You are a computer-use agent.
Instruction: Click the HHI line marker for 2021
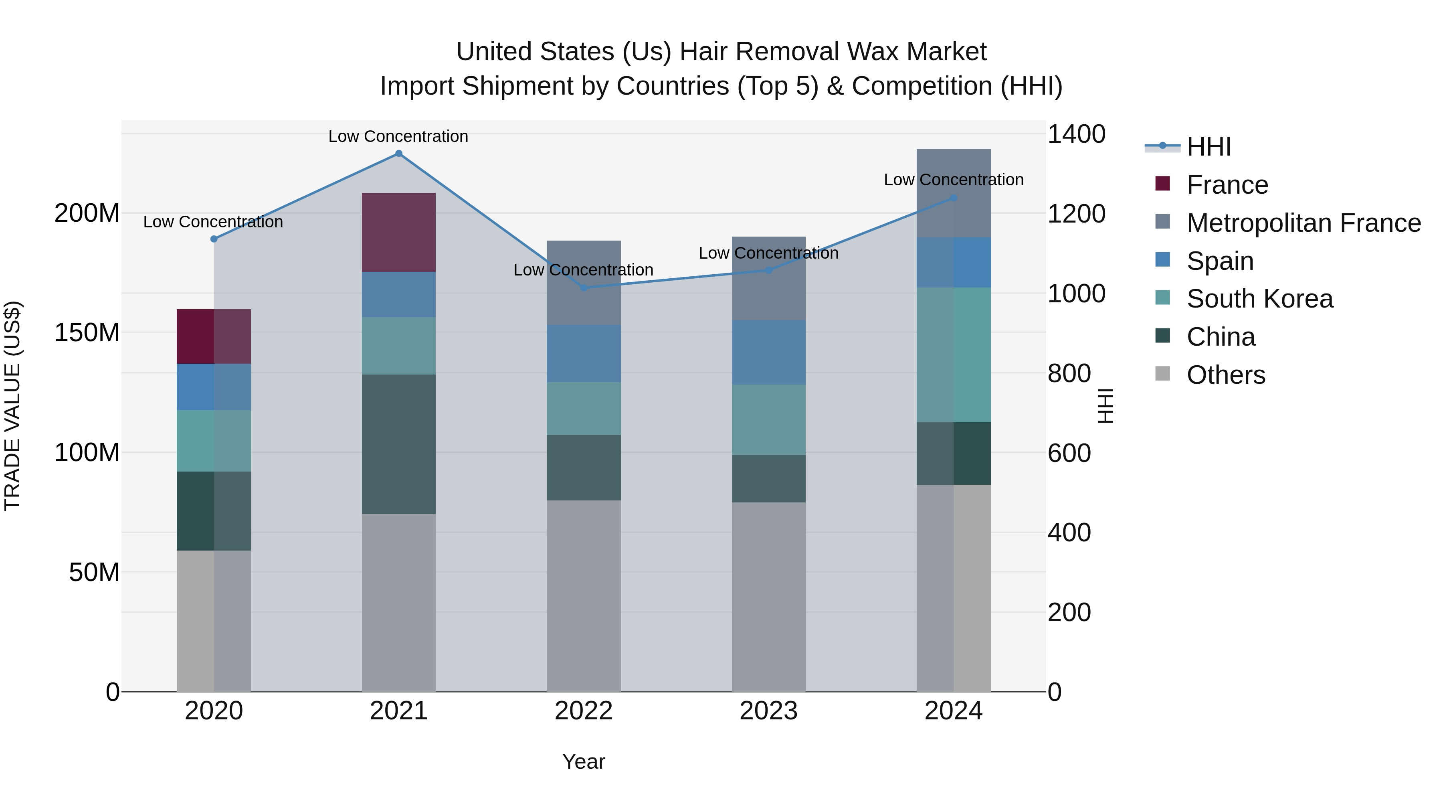(398, 154)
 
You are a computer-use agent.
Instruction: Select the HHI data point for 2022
(583, 288)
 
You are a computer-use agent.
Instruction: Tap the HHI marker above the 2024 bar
(954, 198)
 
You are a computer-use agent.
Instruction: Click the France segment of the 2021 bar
(398, 233)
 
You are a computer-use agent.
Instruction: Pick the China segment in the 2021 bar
(398, 444)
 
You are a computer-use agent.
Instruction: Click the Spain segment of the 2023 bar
(768, 352)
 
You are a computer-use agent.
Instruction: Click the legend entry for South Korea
(1259, 299)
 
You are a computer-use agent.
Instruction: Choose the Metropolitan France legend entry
(1303, 223)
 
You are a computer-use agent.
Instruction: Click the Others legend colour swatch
(1162, 374)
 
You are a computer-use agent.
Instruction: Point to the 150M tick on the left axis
(87, 333)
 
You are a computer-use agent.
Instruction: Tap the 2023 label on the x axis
(768, 711)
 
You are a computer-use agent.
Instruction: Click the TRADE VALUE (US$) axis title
(12, 406)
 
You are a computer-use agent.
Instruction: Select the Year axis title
(583, 761)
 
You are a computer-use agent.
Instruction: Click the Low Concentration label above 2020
(213, 222)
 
